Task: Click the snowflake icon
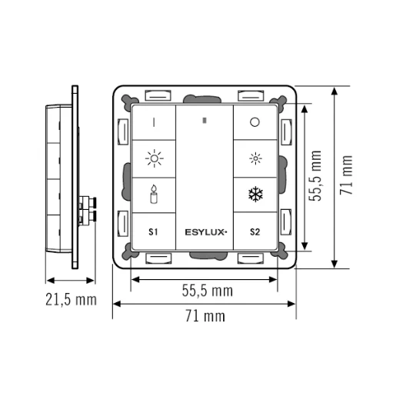pyautogui.click(x=255, y=195)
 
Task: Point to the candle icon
pyautogui.click(x=154, y=194)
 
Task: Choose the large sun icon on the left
pyautogui.click(x=154, y=159)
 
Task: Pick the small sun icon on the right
pyautogui.click(x=255, y=159)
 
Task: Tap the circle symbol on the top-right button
pyautogui.click(x=255, y=122)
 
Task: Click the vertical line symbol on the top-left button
pyautogui.click(x=154, y=121)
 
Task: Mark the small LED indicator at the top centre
pyautogui.click(x=204, y=121)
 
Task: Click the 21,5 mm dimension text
pyautogui.click(x=70, y=299)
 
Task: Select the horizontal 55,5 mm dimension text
pyautogui.click(x=207, y=291)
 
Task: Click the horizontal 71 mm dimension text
pyautogui.click(x=205, y=317)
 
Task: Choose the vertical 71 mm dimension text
pyautogui.click(x=347, y=175)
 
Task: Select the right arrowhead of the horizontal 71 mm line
pyautogui.click(x=295, y=304)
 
